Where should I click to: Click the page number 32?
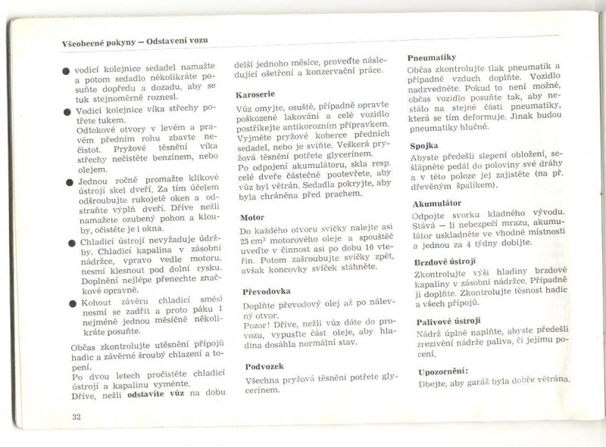coord(77,418)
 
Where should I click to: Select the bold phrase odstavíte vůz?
coord(155,393)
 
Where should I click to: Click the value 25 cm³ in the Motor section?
coord(255,241)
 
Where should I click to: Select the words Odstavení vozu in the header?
coord(177,42)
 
